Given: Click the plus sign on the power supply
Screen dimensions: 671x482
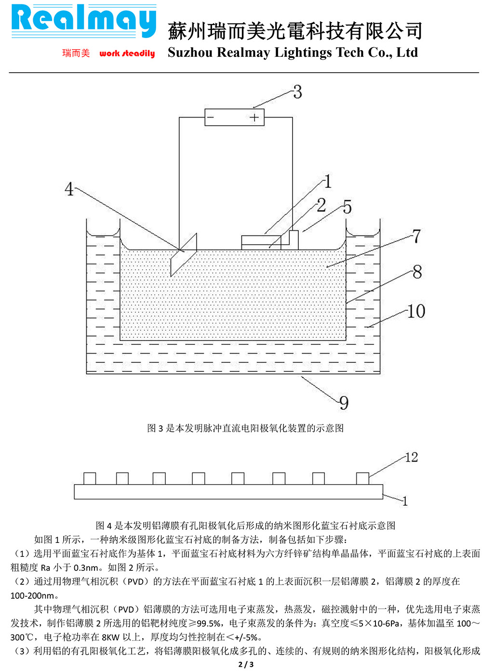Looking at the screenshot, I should point(254,117).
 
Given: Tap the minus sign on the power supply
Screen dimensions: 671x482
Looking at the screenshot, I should point(211,117).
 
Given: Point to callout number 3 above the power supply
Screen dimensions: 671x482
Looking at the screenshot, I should point(297,92).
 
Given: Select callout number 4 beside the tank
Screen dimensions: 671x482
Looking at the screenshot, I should point(69,189).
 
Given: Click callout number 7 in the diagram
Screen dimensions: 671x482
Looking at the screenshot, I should point(416,236).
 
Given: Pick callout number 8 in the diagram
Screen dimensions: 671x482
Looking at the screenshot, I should point(417,272).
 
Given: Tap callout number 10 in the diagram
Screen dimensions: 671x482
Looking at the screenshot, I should point(416,311).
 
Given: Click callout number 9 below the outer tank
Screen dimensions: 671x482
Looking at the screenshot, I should point(344,403).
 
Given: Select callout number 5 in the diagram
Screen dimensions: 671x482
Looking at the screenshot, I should point(347,208).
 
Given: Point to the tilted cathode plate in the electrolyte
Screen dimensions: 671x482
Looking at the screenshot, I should point(184,254).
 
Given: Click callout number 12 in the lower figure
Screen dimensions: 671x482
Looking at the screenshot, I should point(411,457).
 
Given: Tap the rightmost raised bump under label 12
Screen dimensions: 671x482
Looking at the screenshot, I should point(362,478).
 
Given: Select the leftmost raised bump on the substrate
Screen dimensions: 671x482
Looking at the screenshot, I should point(90,478).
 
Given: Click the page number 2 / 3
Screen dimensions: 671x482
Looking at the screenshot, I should point(245,664).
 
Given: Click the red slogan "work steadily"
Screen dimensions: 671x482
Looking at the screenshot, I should point(127,53).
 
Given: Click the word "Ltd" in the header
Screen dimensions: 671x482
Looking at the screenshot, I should point(407,53).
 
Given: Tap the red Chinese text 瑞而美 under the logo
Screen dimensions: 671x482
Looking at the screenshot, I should point(76,53).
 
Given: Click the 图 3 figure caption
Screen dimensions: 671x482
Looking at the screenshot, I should point(245,428).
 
